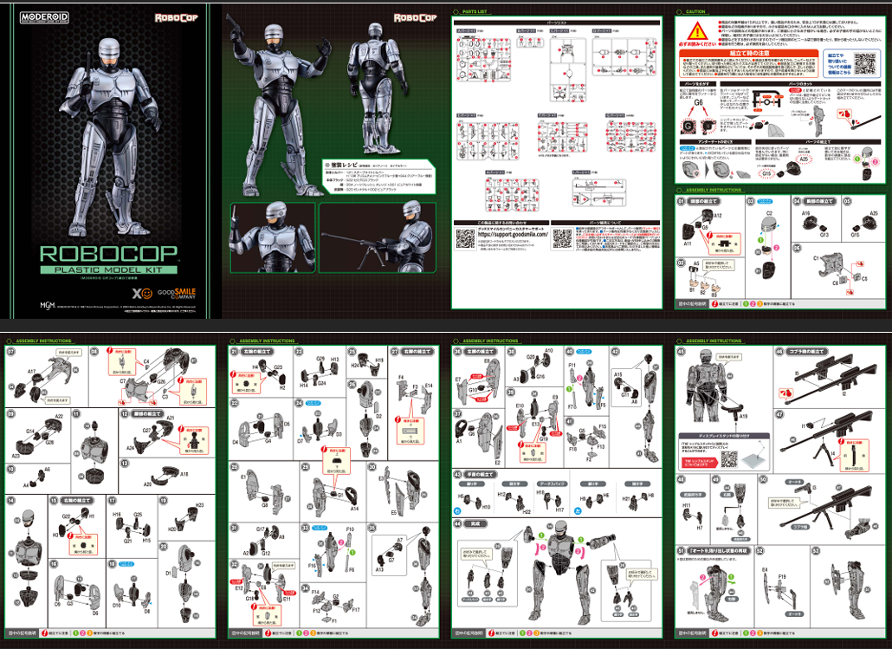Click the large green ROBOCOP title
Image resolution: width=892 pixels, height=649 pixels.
(x=110, y=252)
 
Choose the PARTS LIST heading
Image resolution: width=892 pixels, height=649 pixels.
(x=476, y=12)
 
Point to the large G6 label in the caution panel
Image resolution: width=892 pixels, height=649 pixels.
(x=698, y=101)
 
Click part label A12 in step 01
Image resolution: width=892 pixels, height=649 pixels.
(x=718, y=215)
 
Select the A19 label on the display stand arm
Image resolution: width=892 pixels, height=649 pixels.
(x=742, y=416)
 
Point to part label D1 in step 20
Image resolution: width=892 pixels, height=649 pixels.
(x=168, y=574)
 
